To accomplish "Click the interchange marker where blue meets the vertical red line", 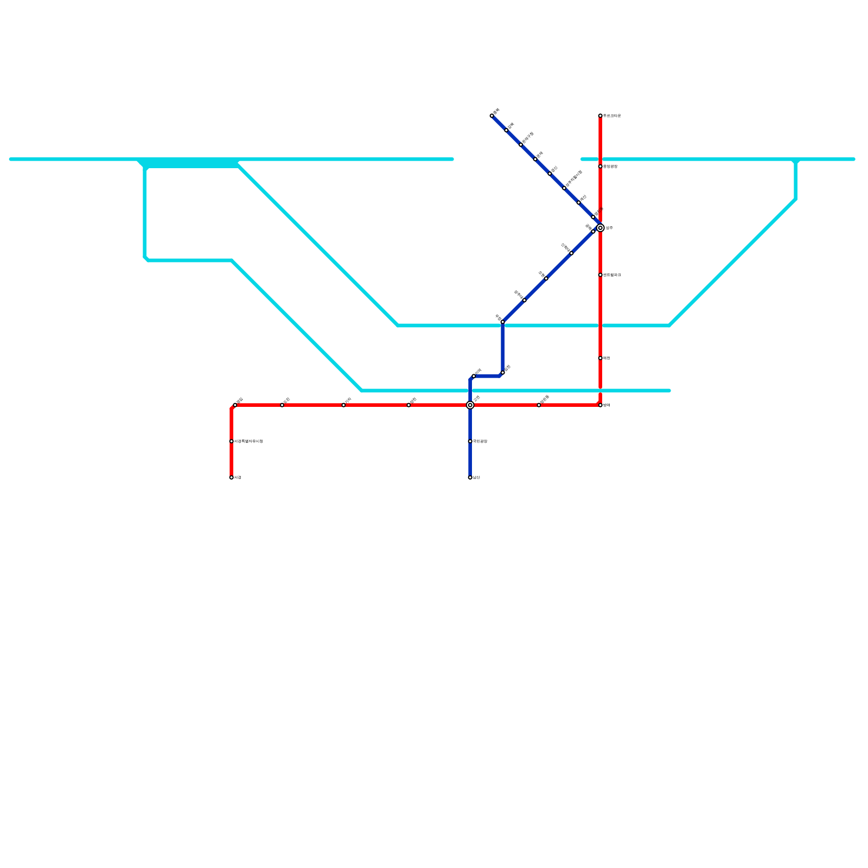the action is coord(600,228).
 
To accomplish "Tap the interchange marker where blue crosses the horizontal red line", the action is coord(470,405).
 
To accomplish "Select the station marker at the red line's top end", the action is coord(600,116).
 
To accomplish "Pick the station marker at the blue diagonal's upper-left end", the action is coord(492,116).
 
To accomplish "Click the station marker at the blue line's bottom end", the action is coord(470,477).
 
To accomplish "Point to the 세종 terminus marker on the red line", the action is coord(231,477).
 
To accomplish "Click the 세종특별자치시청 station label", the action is coord(248,442).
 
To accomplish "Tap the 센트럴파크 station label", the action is coord(612,275).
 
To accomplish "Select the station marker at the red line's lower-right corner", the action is coord(600,405).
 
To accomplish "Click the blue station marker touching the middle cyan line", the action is coord(502,322).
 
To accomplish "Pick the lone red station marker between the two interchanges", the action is coord(539,405).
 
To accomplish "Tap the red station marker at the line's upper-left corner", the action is coord(235,405).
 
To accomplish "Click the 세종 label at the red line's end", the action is coord(238,477).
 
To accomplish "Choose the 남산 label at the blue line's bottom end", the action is coord(476,477).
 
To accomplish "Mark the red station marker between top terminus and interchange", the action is coord(600,167).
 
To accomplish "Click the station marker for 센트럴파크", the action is coord(600,275).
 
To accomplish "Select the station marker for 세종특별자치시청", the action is coord(231,441).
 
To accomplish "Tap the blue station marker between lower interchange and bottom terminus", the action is coord(470,441).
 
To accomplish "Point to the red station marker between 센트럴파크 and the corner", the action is coord(600,358).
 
